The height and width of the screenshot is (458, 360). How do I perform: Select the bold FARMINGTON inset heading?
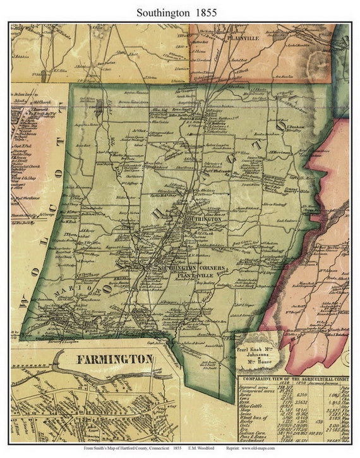[x=114, y=359]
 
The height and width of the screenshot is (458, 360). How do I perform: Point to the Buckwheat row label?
[x=255, y=439]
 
